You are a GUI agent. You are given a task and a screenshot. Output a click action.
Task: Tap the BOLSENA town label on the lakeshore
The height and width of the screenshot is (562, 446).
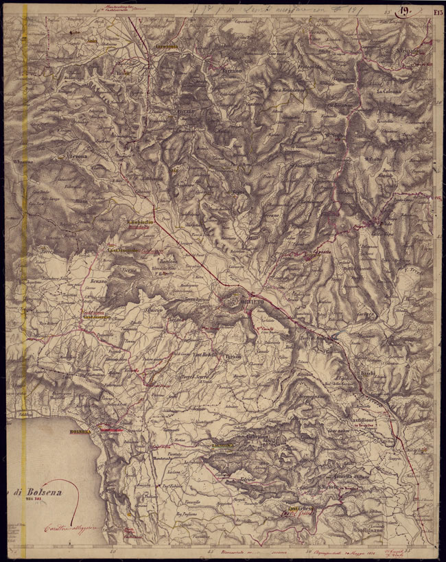pyautogui.click(x=80, y=431)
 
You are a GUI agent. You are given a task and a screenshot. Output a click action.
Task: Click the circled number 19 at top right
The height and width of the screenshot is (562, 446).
pyautogui.click(x=406, y=10)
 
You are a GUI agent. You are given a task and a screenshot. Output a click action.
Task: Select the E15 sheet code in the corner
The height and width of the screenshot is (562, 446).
pyautogui.click(x=436, y=10)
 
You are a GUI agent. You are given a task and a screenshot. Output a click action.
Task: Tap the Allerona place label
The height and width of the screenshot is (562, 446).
pyautogui.click(x=75, y=156)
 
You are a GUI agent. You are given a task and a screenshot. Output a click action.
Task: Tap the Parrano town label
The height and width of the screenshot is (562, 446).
pyautogui.click(x=231, y=71)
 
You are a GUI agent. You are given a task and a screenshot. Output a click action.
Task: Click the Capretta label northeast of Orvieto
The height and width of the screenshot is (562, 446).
pyautogui.click(x=302, y=251)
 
